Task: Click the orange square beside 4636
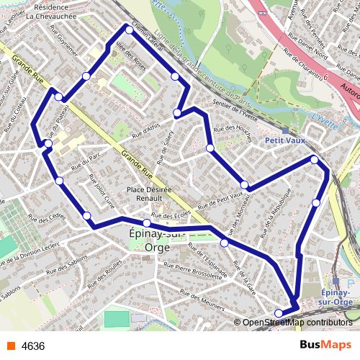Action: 9,346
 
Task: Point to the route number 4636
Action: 33,346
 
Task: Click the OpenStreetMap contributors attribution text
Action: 297,323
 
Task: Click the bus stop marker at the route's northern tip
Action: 128,29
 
